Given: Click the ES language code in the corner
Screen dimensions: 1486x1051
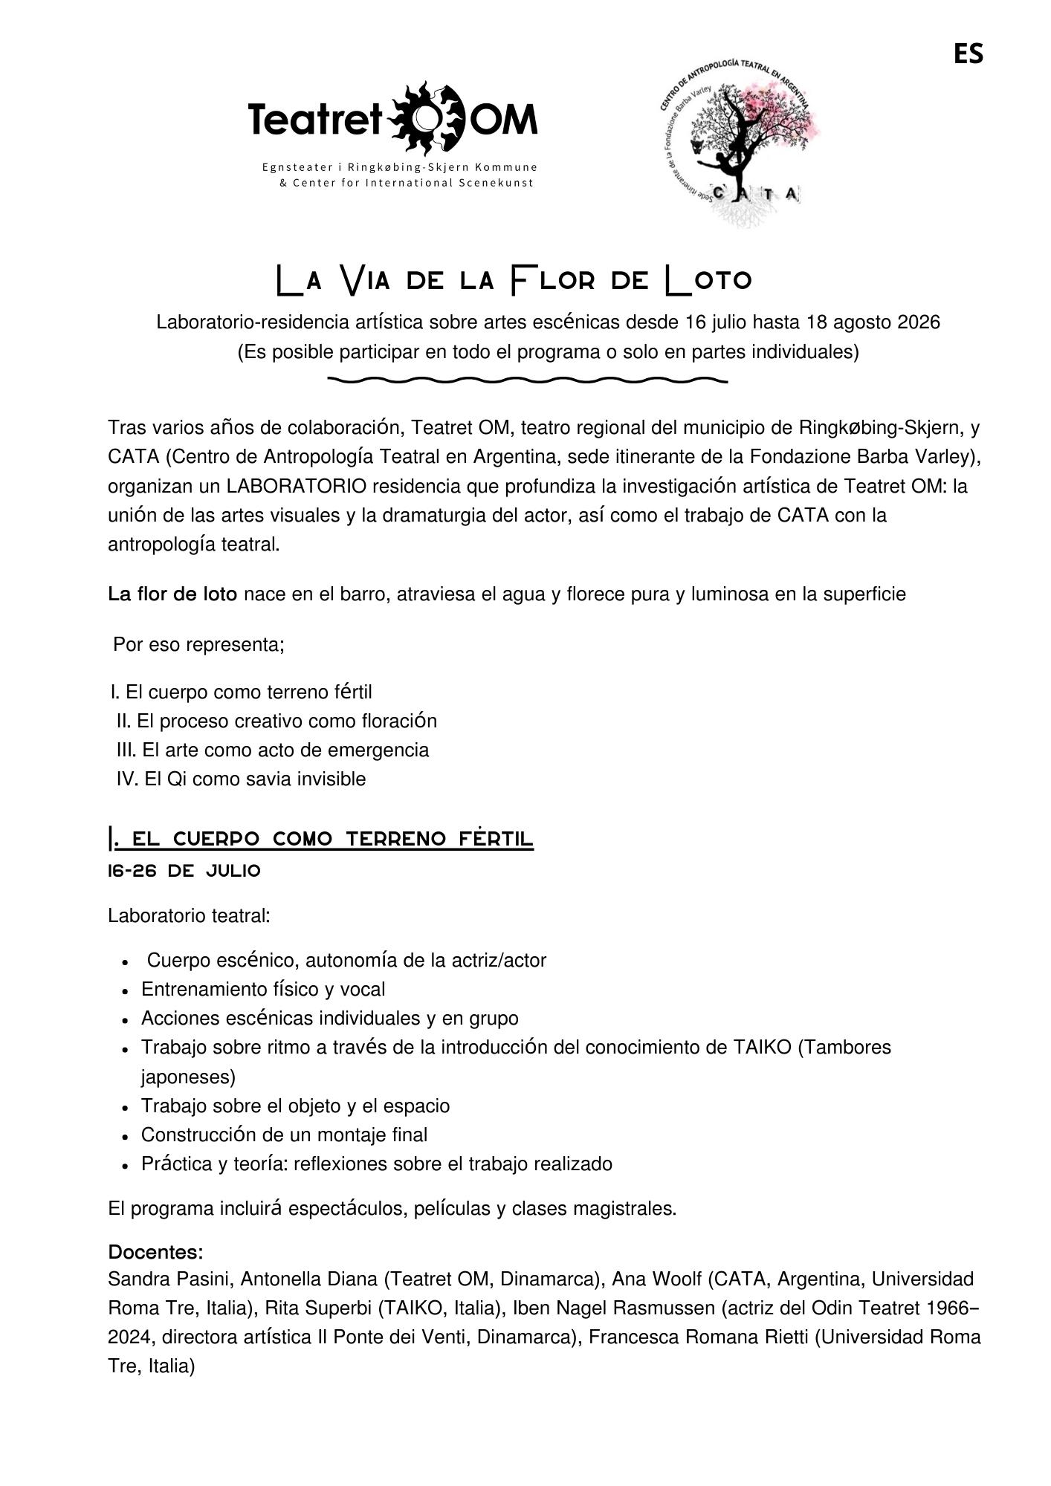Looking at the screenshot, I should pos(968,53).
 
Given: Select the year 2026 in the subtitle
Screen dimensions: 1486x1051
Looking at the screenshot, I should pos(919,322).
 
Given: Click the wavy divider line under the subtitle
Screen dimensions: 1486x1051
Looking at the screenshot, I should pos(527,380).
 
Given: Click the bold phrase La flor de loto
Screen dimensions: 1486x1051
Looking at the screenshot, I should pos(172,594).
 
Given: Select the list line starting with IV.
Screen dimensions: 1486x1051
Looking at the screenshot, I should pos(241,779).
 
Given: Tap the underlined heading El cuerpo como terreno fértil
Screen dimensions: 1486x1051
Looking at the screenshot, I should pos(321,840).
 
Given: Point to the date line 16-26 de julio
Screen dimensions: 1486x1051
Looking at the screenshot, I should pos(184,871).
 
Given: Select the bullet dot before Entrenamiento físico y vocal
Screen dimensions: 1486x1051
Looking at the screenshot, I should pos(126,991).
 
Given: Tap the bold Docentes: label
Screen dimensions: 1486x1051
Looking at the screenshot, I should pos(155,1252).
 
